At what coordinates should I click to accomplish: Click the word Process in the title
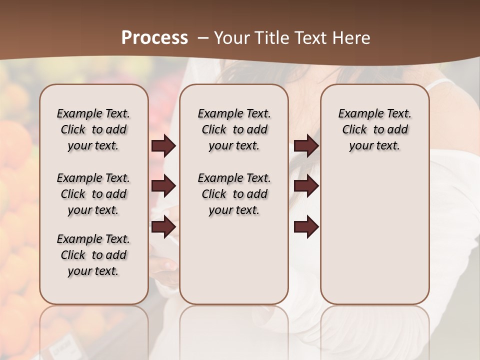click(154, 38)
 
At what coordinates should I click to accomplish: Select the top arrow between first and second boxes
click(163, 146)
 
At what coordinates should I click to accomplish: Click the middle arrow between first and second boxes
click(163, 186)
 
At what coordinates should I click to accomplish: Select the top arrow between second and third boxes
click(306, 146)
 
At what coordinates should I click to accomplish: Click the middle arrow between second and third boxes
click(306, 186)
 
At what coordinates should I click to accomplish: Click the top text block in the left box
click(93, 129)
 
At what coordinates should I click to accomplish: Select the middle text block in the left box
click(93, 194)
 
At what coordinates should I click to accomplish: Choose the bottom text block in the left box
click(93, 255)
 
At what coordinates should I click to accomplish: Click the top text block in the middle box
click(234, 129)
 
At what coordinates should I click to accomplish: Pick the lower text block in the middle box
click(234, 194)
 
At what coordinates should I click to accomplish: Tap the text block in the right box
click(375, 129)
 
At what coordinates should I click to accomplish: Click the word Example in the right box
click(356, 114)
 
